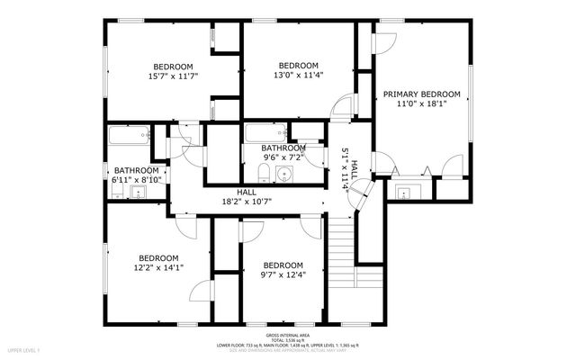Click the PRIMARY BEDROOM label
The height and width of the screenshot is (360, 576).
coord(421,94)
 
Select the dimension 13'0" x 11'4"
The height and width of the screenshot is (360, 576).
coord(297,76)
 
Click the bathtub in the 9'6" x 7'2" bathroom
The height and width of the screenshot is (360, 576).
coord(267,134)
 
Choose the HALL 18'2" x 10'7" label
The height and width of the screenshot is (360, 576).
coord(247,197)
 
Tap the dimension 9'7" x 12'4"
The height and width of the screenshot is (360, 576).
coord(283,274)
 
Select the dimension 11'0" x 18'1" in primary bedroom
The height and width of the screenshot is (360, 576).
coord(421,104)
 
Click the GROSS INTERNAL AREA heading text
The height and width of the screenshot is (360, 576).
coord(287,328)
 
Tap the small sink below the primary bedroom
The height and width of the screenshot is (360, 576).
coord(403,191)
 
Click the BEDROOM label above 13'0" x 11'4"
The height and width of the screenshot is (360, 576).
coord(297,66)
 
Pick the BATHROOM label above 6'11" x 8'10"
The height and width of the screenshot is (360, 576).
coord(136,170)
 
